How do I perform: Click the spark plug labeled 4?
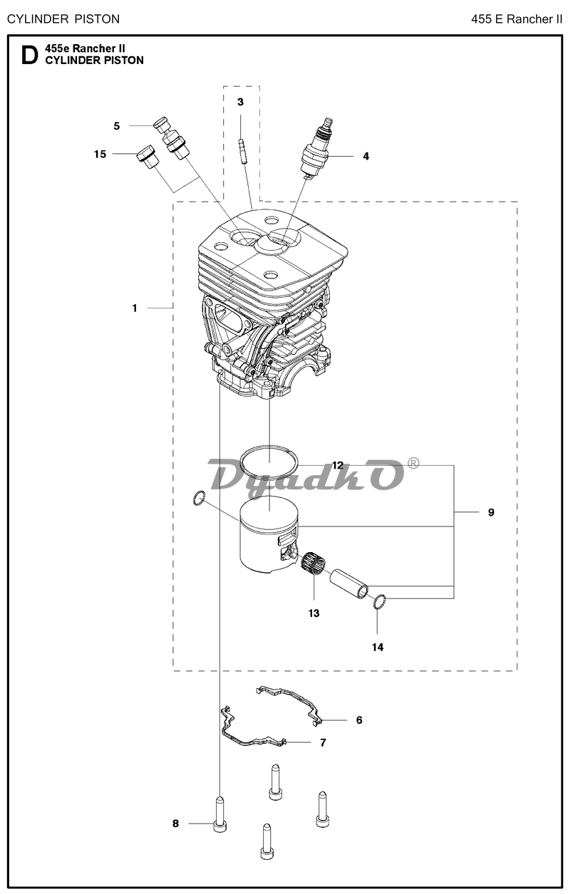tap(318, 147)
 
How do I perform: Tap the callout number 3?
tap(240, 102)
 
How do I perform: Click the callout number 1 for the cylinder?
tap(135, 308)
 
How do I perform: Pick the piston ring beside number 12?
tap(270, 462)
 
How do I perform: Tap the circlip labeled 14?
tap(380, 602)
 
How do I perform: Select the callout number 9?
tap(491, 512)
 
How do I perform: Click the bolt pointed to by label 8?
tap(220, 814)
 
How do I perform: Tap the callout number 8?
tap(175, 823)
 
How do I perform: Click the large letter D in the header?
tap(29, 55)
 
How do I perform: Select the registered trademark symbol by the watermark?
tap(413, 463)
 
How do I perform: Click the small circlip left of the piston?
tap(199, 498)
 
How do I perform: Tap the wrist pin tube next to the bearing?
tap(349, 583)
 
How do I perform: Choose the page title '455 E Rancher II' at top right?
tap(517, 19)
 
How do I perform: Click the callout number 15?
tap(100, 154)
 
